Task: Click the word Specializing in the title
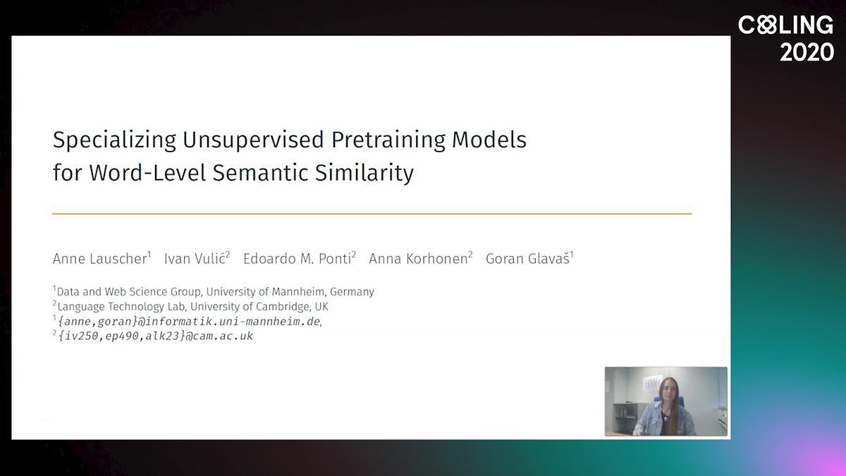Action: pyautogui.click(x=114, y=140)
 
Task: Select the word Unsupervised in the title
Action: pyautogui.click(x=253, y=140)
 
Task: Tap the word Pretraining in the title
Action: pyautogui.click(x=388, y=140)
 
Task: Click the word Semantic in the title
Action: pyautogui.click(x=261, y=173)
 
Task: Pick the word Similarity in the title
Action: pyautogui.click(x=364, y=173)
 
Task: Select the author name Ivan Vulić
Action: pyautogui.click(x=197, y=258)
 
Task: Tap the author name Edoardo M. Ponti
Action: pyautogui.click(x=300, y=258)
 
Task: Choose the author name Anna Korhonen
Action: pyautogui.click(x=421, y=258)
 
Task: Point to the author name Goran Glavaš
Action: pyautogui.click(x=529, y=258)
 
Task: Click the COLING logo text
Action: pyautogui.click(x=785, y=25)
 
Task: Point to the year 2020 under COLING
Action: pyautogui.click(x=807, y=52)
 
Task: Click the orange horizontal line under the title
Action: pyautogui.click(x=372, y=214)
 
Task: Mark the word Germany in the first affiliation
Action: pyautogui.click(x=352, y=292)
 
